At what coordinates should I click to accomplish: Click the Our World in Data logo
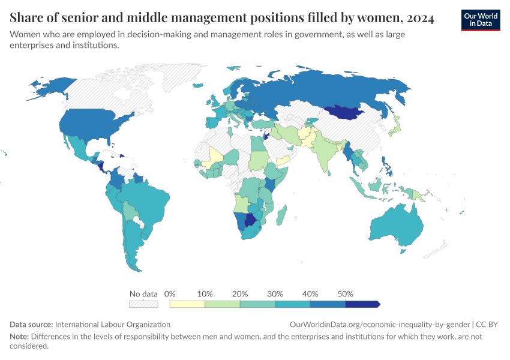(x=480, y=20)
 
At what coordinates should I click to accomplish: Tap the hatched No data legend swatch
(x=143, y=304)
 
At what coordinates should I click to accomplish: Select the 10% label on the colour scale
(x=205, y=294)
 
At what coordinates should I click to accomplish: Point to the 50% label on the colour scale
(x=346, y=294)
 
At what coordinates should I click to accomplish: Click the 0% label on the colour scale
(x=170, y=294)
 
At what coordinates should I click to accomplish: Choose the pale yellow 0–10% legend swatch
(x=187, y=304)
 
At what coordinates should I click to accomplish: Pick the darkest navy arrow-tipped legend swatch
(x=362, y=304)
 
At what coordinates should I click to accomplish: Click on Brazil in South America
(x=147, y=204)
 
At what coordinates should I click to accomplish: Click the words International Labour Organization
(x=113, y=324)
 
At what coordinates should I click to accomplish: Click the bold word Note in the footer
(x=19, y=337)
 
